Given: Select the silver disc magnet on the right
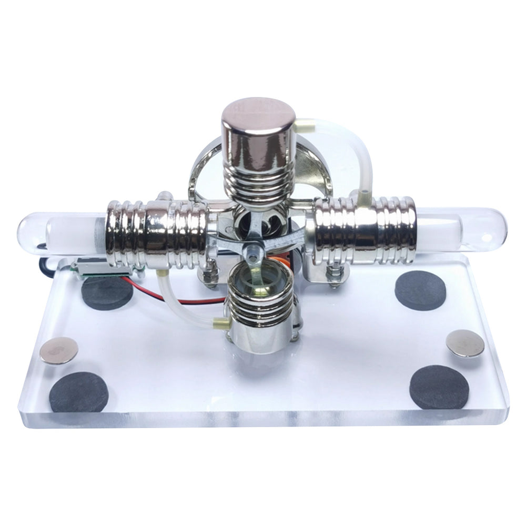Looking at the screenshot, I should pos(466,343).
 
